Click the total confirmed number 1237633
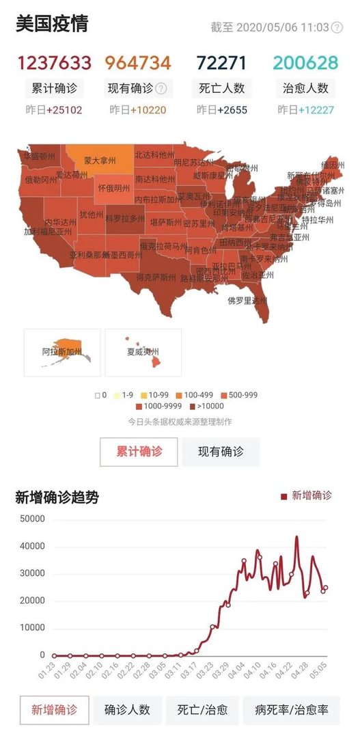[x=54, y=64]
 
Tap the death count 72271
[x=221, y=64]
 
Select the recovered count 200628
[x=305, y=64]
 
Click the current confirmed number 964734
[x=138, y=64]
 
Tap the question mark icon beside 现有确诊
[x=161, y=88]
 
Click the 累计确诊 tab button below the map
[x=139, y=452]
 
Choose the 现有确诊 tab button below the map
[x=221, y=452]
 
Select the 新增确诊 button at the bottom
[x=54, y=710]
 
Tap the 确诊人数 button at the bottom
[x=127, y=710]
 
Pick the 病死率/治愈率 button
[x=291, y=710]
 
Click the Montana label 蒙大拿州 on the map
[x=100, y=161]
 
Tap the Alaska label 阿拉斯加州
[x=61, y=352]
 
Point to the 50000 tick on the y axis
[x=32, y=519]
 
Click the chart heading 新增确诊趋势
[x=57, y=497]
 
